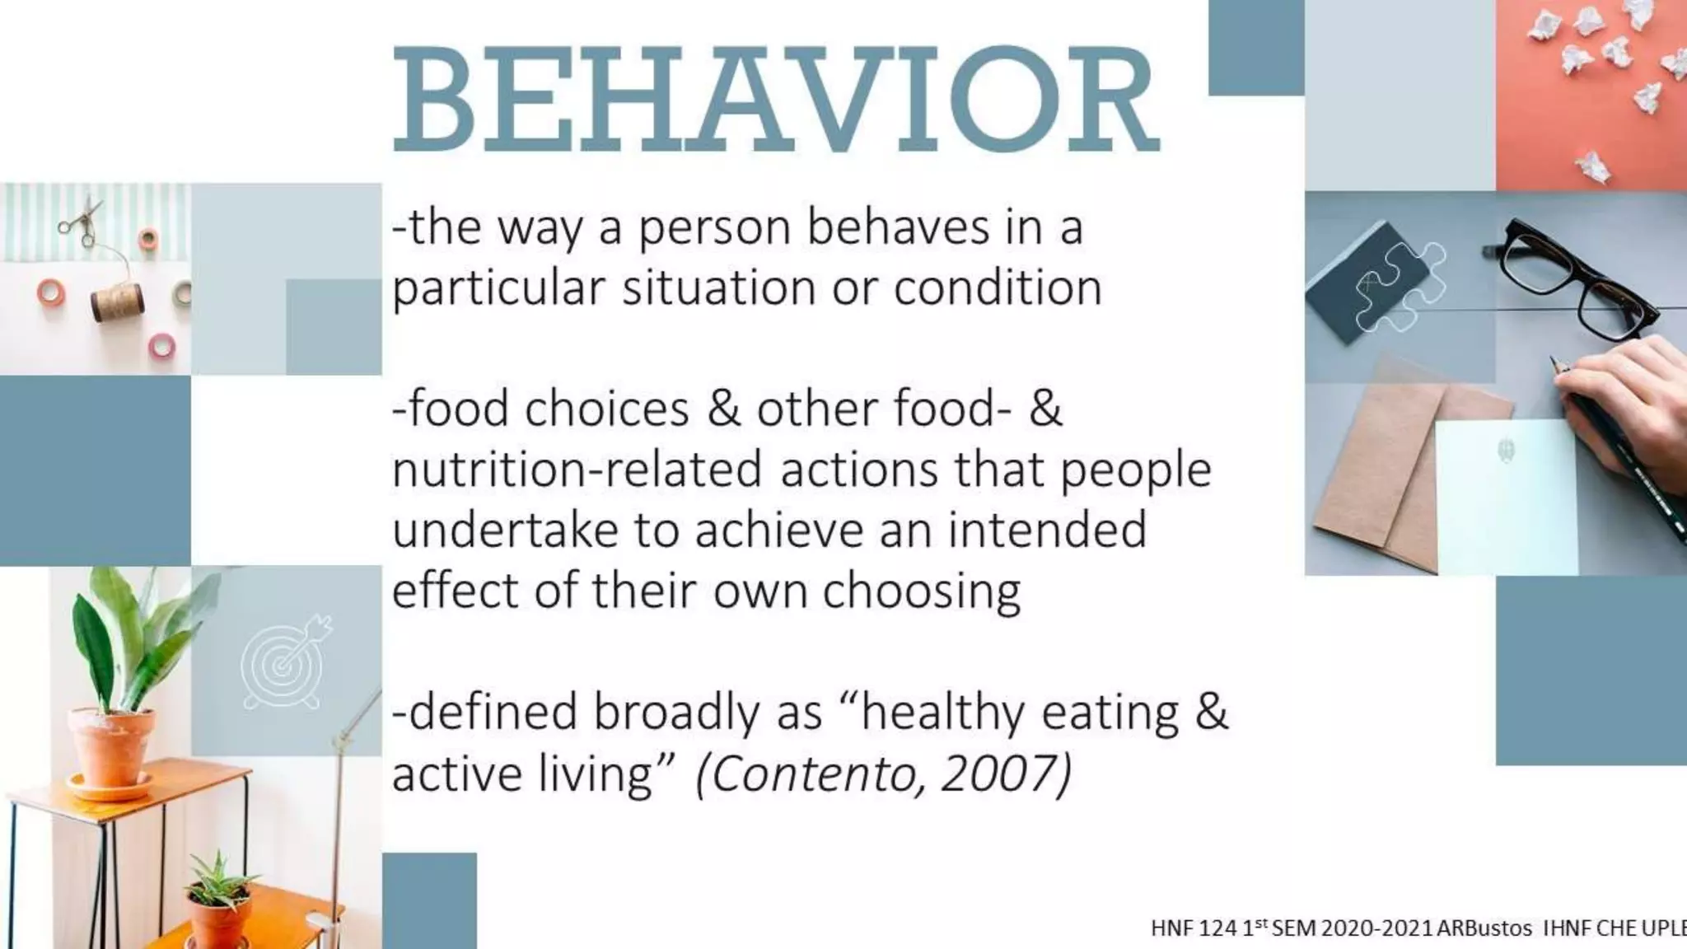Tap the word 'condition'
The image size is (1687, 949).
pos(998,288)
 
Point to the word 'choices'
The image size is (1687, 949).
pos(606,409)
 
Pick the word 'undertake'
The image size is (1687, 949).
pos(504,530)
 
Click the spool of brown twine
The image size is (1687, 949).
pos(117,302)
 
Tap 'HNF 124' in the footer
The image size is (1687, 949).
pos(1194,928)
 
